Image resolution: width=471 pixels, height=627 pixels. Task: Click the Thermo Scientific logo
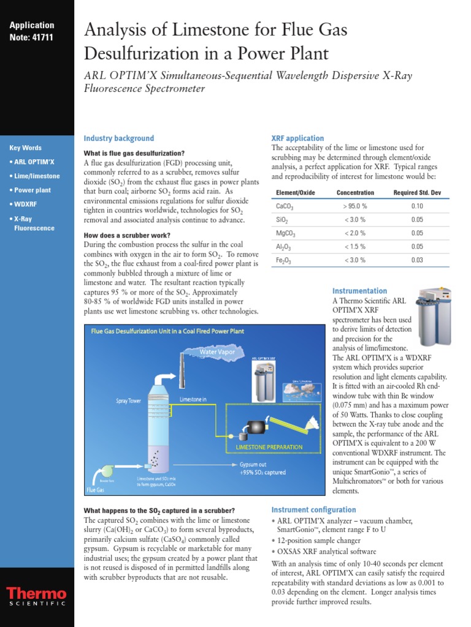[36, 597]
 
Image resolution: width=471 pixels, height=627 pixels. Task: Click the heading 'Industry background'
[118, 138]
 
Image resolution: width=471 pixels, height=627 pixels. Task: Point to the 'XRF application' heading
[297, 138]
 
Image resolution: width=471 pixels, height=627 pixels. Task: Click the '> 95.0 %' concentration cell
[354, 206]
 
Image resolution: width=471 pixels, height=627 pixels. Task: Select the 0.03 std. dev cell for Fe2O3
[417, 260]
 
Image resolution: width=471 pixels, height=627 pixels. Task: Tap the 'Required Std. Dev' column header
[417, 193]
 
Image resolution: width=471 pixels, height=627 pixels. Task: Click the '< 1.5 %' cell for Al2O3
[354, 247]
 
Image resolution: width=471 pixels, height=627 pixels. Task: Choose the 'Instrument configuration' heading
[313, 509]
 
